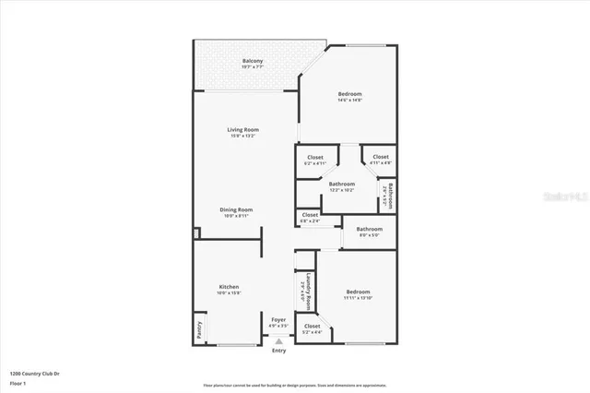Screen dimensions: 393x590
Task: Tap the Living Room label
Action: tap(243, 130)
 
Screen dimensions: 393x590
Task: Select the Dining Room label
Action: tap(236, 209)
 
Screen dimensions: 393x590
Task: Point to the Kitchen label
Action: tap(229, 287)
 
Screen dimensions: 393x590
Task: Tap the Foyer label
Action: tap(278, 320)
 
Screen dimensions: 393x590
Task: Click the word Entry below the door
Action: tap(278, 351)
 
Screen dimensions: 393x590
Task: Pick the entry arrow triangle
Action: tap(278, 340)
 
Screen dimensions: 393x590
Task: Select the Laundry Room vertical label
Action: tap(310, 289)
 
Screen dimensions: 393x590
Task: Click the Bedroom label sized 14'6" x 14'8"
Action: tap(349, 94)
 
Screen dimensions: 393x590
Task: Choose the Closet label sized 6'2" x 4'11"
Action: tap(313, 158)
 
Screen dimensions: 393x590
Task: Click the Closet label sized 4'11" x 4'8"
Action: tap(381, 158)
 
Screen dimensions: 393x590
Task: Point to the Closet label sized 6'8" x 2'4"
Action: tap(310, 216)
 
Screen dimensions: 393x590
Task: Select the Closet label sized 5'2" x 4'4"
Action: tap(313, 327)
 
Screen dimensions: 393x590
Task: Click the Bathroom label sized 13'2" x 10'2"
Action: tap(342, 185)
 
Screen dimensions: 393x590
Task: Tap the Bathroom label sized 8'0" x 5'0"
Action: tap(370, 230)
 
